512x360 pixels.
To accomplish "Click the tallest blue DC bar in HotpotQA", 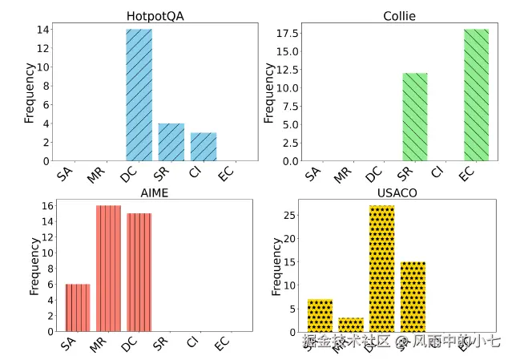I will pos(139,95).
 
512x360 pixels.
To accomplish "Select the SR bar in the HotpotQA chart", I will pos(171,142).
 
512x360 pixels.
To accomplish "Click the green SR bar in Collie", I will pos(414,117).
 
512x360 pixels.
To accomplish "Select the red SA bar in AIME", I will pos(78,308).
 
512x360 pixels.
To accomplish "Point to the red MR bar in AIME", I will pos(108,269).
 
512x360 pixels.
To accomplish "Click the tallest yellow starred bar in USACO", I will pos(381,269).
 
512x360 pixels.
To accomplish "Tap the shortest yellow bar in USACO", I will pos(350,325).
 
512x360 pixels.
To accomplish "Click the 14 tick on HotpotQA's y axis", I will pos(44,30).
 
